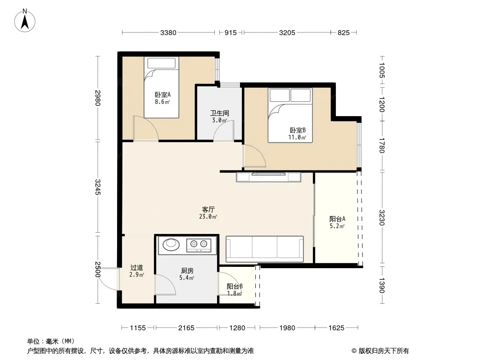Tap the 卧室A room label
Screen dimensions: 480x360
(162, 95)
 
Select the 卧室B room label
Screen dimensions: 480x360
(297, 130)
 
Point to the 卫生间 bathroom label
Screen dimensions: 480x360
(219, 113)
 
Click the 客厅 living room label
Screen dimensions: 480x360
(208, 210)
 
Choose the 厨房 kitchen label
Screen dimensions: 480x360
(187, 271)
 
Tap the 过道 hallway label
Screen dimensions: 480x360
(136, 268)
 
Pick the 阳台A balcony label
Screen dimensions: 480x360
(337, 219)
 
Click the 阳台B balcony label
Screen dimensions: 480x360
(235, 287)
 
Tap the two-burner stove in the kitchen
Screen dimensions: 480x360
(199, 245)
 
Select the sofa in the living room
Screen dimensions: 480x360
(264, 249)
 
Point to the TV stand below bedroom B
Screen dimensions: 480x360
(268, 177)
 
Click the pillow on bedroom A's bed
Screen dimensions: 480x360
(161, 63)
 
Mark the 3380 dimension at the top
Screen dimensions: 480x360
(168, 33)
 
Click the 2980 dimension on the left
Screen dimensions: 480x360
(98, 98)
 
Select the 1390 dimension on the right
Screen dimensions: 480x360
(381, 285)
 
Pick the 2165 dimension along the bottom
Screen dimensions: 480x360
(186, 328)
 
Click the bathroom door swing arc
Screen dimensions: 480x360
(224, 130)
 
